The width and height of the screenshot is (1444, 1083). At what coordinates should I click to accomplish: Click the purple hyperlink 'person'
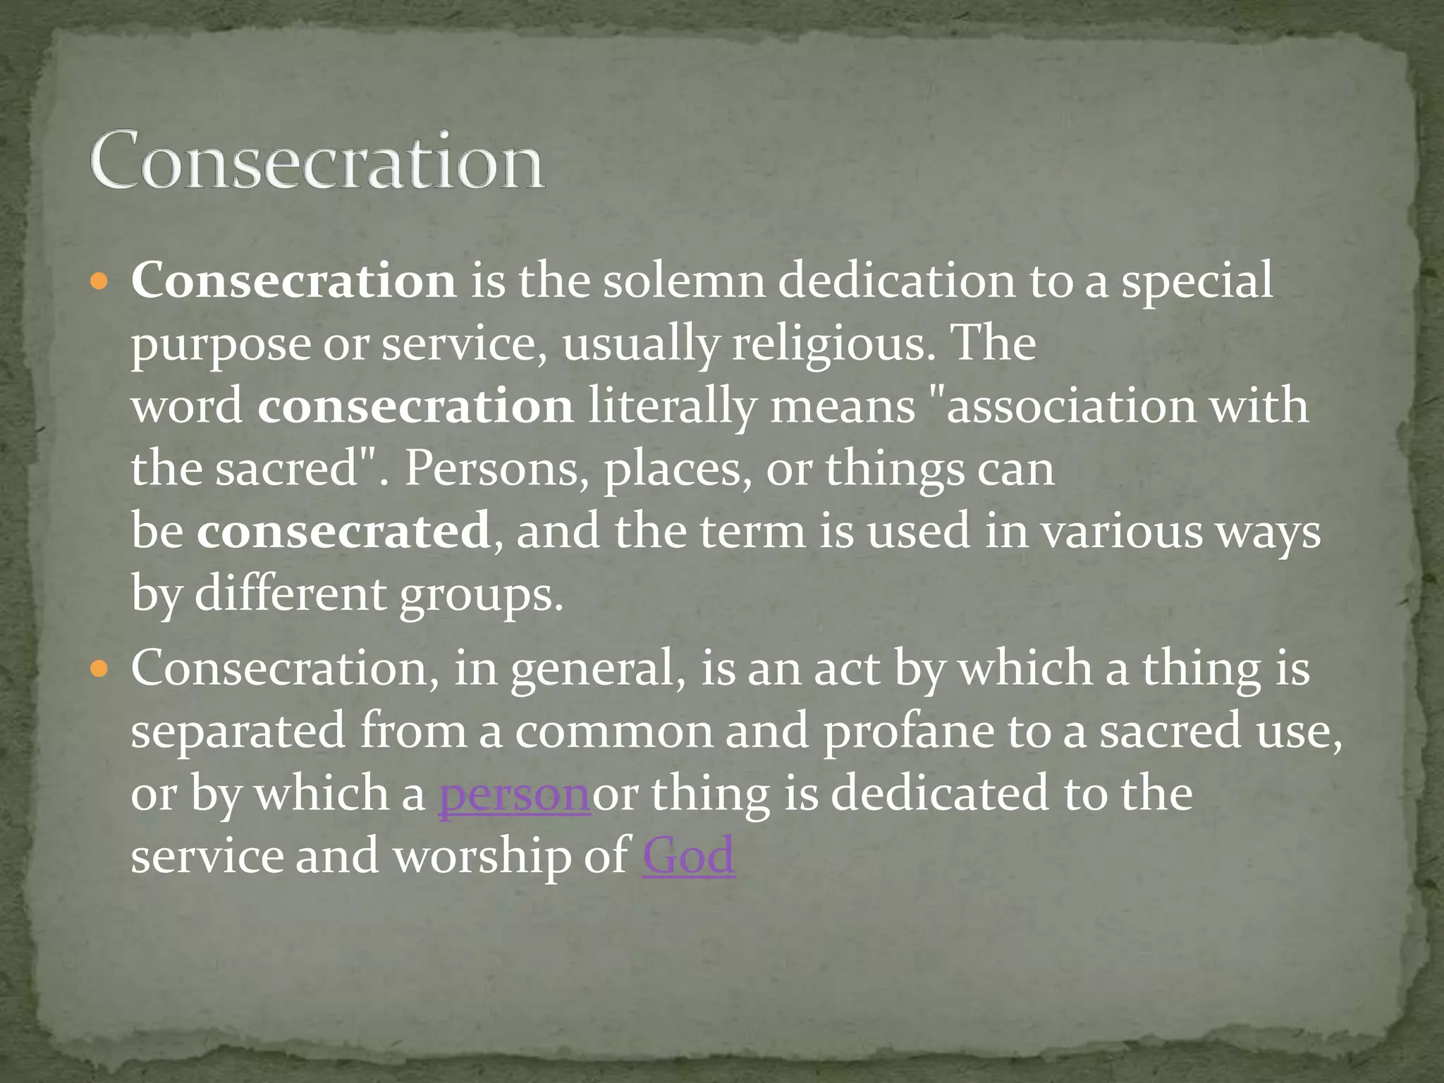[514, 794]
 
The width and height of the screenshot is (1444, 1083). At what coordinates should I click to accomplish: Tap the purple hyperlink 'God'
[688, 855]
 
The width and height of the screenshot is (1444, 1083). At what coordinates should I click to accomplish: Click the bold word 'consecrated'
[343, 531]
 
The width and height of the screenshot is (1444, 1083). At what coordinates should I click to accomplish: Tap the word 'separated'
[238, 731]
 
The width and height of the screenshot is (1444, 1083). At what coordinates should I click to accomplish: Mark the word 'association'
[1071, 407]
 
